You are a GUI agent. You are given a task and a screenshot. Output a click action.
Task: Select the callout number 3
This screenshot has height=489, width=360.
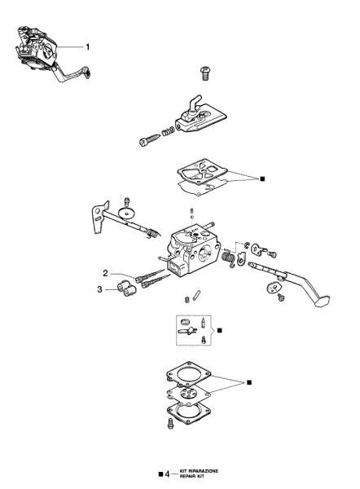click(99, 288)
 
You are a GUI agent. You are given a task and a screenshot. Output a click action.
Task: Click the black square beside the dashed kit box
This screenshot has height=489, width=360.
click(218, 330)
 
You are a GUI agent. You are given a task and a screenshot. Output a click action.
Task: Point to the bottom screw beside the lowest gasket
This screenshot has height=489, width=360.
click(172, 423)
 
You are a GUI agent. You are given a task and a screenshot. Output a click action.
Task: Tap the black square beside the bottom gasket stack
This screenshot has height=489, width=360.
click(249, 381)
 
